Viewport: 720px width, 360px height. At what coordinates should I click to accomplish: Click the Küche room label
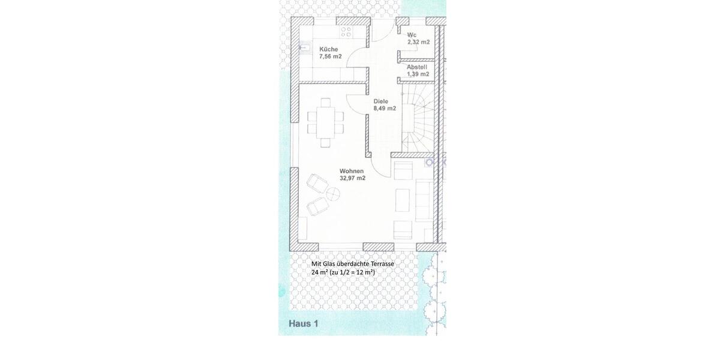(x=329, y=49)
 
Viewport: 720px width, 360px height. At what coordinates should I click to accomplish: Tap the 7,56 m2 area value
(x=331, y=56)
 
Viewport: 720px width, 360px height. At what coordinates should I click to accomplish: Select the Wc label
(x=412, y=35)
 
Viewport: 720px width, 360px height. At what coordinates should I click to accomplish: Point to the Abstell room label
(x=417, y=67)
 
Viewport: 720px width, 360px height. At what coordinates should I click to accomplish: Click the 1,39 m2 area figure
(x=418, y=74)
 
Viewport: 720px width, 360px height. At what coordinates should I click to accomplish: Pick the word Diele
(x=381, y=101)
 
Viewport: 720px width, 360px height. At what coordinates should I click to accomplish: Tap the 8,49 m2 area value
(x=385, y=109)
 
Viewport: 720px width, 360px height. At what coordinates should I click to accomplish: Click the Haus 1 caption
(x=304, y=323)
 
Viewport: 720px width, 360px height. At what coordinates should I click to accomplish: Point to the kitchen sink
(x=304, y=49)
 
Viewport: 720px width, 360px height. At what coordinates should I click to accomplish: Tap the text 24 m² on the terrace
(x=319, y=272)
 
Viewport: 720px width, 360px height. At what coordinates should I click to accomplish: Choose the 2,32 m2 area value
(x=418, y=42)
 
